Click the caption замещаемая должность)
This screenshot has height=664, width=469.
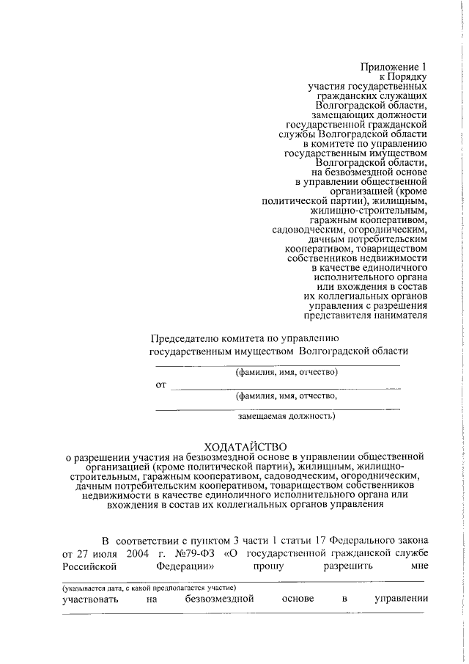(x=286, y=416)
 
